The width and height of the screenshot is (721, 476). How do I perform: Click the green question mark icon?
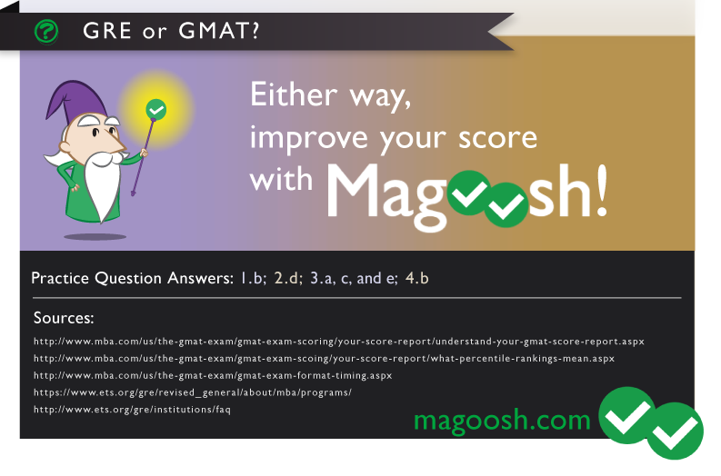tap(46, 32)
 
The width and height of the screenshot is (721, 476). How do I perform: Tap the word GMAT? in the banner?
tap(219, 31)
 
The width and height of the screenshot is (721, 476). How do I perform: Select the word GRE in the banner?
tap(107, 31)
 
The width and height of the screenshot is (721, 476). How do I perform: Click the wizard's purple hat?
tap(74, 101)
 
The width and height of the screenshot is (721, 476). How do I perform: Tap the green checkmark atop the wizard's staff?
tap(156, 110)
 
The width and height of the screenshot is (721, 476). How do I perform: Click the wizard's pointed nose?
tap(115, 144)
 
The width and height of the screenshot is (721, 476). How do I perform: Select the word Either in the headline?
tap(294, 94)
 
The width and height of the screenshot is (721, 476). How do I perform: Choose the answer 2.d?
tap(288, 278)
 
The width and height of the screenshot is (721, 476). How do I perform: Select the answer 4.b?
tap(417, 278)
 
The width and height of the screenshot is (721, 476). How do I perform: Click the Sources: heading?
tap(64, 318)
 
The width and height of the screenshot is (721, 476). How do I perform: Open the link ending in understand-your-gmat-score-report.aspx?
tap(339, 342)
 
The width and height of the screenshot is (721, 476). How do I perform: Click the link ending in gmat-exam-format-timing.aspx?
tap(213, 375)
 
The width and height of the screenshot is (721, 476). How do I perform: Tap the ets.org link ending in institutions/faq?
tap(132, 410)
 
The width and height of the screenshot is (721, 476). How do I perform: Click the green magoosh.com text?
tap(502, 420)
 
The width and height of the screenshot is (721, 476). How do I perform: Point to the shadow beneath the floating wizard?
tap(95, 236)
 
